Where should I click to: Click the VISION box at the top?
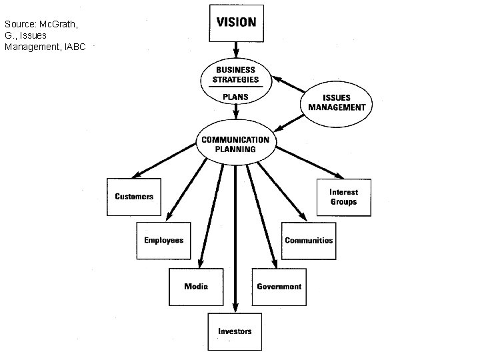[236, 23]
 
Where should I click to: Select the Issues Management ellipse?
[337, 102]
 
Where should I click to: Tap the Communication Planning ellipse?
[235, 144]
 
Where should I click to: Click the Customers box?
[134, 197]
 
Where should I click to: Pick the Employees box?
[163, 240]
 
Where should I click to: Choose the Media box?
[195, 287]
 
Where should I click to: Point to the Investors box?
[235, 331]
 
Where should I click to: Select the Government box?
[279, 287]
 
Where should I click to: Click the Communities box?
[308, 240]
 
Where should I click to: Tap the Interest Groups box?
[343, 197]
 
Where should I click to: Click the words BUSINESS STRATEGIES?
[235, 75]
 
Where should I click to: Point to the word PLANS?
[235, 97]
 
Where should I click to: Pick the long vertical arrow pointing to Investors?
[235, 240]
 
